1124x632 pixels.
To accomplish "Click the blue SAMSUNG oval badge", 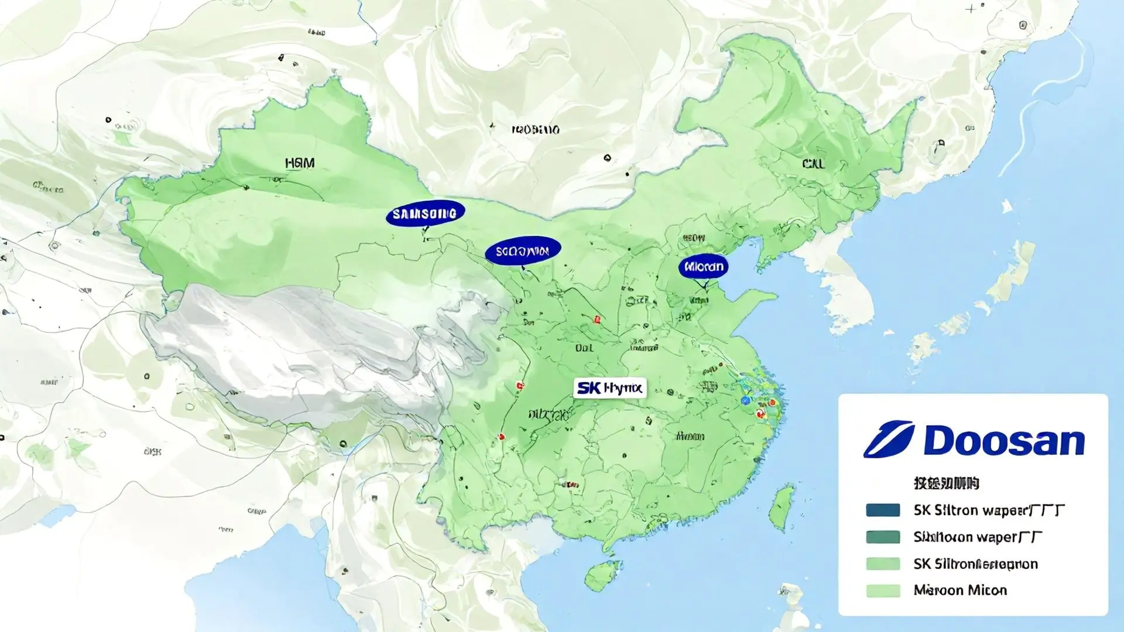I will pos(425,214).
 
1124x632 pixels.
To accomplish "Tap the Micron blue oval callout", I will pos(703,267).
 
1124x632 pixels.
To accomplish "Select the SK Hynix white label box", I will pos(609,388).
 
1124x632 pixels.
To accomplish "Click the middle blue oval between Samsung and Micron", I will pos(523,251).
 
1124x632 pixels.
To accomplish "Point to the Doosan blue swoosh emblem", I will pos(889,439).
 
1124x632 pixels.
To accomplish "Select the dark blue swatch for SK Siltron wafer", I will pos(883,510).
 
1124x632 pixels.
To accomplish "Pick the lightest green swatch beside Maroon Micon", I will pos(883,590).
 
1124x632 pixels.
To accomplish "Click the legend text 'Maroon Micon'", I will pos(960,590).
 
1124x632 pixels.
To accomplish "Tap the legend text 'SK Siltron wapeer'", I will pos(988,510).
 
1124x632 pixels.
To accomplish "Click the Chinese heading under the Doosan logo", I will pos(946,483).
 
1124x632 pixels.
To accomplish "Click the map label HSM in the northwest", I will pos(300,163).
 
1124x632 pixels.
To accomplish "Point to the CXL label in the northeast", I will pos(813,164).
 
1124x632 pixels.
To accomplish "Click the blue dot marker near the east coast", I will pos(745,400).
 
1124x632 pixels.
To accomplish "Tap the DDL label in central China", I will pos(584,348).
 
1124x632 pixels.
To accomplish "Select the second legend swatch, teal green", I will pos(883,537).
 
